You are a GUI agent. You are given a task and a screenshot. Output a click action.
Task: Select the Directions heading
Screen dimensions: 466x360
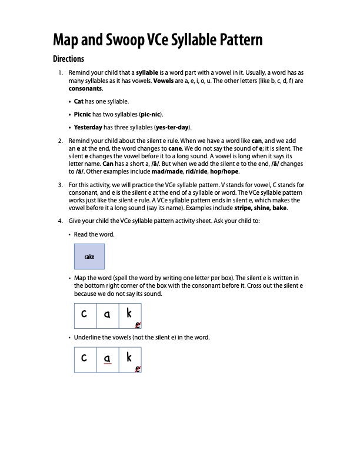click(x=68, y=59)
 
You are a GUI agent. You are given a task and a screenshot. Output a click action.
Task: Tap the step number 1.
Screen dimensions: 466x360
click(x=60, y=73)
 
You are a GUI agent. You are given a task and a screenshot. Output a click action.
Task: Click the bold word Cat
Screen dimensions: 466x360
click(x=79, y=102)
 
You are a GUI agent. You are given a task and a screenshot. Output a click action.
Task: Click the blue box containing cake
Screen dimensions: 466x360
click(x=89, y=257)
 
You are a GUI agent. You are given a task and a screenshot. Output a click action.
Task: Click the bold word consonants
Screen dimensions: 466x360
click(x=85, y=88)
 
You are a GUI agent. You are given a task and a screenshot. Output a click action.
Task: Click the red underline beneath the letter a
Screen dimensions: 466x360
click(x=107, y=364)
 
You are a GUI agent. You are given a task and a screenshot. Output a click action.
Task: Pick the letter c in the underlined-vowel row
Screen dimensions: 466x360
click(x=85, y=357)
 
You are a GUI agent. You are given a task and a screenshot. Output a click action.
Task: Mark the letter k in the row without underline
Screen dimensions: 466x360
click(x=129, y=313)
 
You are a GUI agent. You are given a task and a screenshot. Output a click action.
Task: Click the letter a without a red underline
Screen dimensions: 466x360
click(x=107, y=314)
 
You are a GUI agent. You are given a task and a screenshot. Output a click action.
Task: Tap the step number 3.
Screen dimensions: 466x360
click(x=60, y=185)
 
